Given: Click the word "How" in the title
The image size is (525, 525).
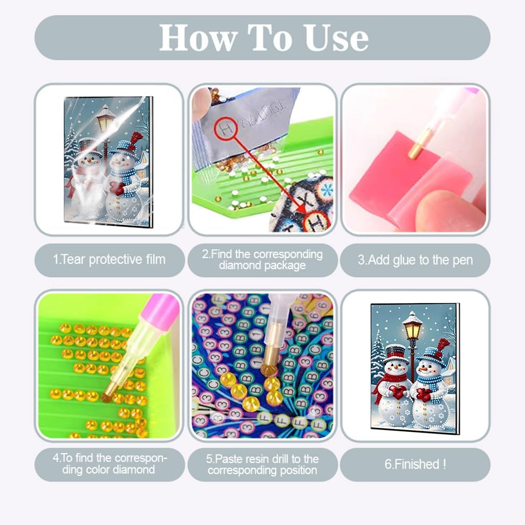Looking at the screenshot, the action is [198, 38].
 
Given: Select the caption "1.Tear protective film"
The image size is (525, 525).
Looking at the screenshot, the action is [109, 260].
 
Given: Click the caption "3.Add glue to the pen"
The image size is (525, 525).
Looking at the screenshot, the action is [415, 260].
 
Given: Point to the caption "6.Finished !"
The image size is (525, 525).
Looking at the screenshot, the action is [415, 464].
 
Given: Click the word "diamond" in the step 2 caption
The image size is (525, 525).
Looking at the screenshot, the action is [239, 265].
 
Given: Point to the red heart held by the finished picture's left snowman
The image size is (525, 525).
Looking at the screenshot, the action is [398, 392].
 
